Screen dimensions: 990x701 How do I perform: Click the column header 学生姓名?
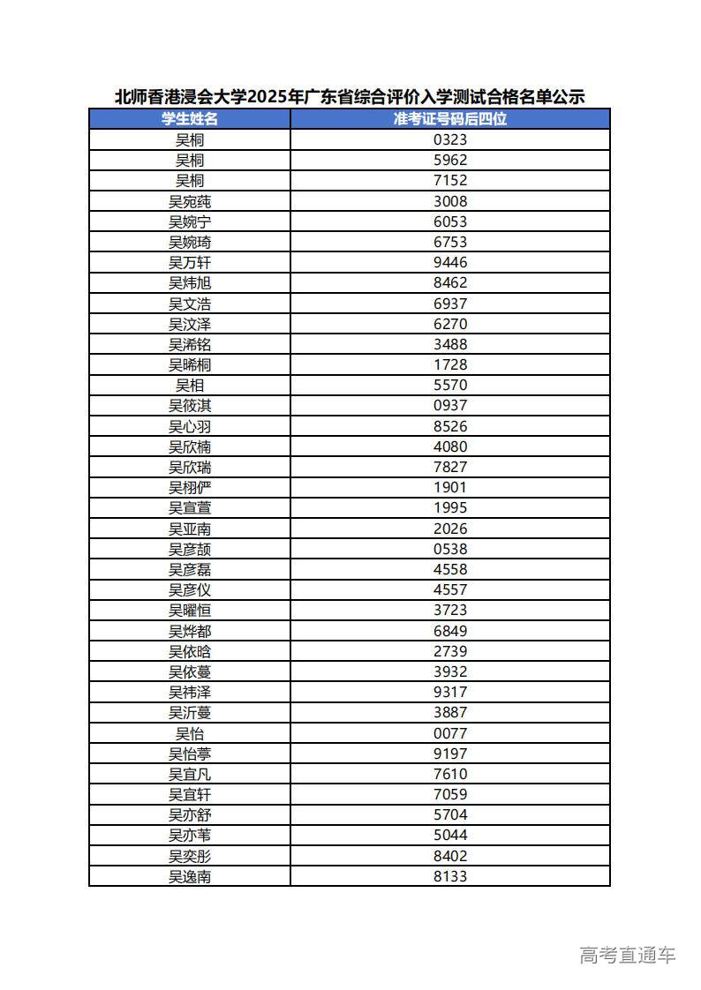pyautogui.click(x=190, y=119)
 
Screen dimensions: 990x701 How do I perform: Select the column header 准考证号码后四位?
pyautogui.click(x=450, y=119)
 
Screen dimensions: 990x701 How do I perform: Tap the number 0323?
pyautogui.click(x=450, y=139)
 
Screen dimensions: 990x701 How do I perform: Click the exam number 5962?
pyautogui.click(x=450, y=160)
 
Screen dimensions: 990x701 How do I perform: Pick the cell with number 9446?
pyautogui.click(x=450, y=262)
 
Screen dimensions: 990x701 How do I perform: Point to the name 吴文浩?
pyautogui.click(x=190, y=304)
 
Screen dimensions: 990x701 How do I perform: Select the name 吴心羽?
pyautogui.click(x=190, y=426)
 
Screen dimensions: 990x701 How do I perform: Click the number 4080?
pyautogui.click(x=450, y=446)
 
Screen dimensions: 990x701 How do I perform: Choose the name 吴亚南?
pyautogui.click(x=190, y=529)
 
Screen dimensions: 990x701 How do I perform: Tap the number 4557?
pyautogui.click(x=450, y=589)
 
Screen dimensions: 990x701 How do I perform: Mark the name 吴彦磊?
pyautogui.click(x=190, y=569)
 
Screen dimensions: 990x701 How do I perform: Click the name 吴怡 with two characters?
pyautogui.click(x=190, y=733)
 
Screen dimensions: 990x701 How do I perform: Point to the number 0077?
pyautogui.click(x=450, y=733)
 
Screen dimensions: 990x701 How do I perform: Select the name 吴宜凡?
pyautogui.click(x=190, y=774)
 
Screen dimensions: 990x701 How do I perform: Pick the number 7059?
pyautogui.click(x=450, y=794)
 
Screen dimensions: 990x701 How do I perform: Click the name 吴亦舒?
pyautogui.click(x=190, y=814)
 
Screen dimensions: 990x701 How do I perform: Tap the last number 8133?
pyautogui.click(x=450, y=876)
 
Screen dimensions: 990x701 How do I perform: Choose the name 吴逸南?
pyautogui.click(x=190, y=876)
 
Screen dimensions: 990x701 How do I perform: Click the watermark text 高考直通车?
pyautogui.click(x=628, y=955)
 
